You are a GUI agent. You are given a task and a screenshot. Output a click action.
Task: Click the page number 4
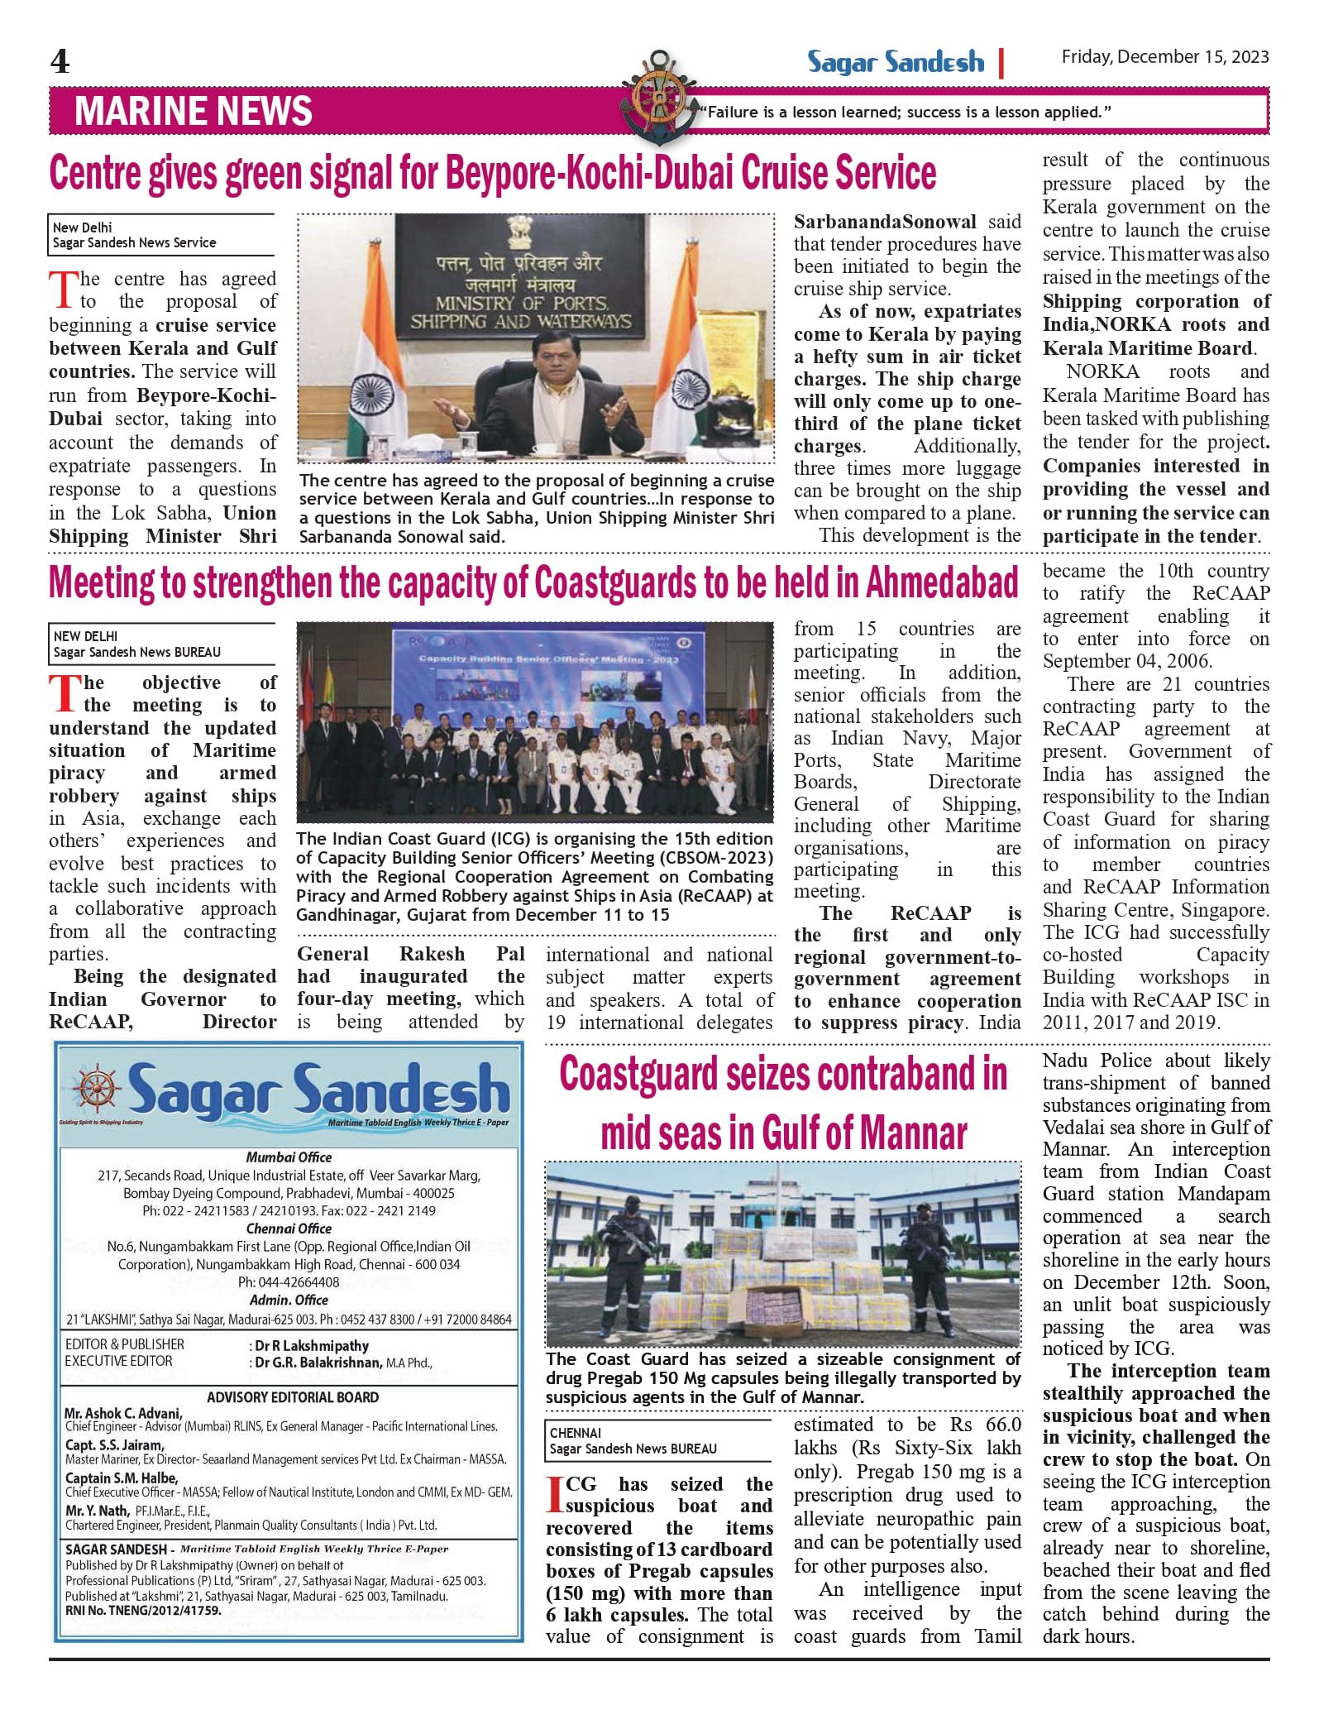pyautogui.click(x=60, y=62)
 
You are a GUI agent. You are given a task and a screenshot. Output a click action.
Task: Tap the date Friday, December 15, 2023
pyautogui.click(x=1164, y=57)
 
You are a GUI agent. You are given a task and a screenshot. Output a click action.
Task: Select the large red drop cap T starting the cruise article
pyautogui.click(x=64, y=290)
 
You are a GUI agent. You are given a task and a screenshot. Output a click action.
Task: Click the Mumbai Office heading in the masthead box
pyautogui.click(x=289, y=1157)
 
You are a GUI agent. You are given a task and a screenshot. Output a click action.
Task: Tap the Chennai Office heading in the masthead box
pyautogui.click(x=289, y=1229)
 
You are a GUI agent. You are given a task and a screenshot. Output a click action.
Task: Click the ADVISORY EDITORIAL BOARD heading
pyautogui.click(x=293, y=1397)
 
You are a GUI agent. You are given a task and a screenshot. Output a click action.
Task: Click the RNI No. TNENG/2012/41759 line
pyautogui.click(x=143, y=1611)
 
